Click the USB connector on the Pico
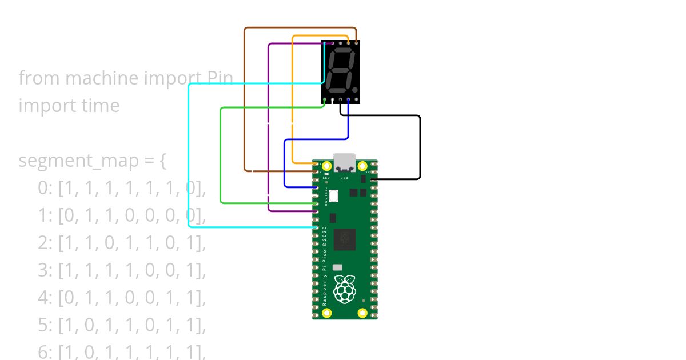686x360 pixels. pos(344,162)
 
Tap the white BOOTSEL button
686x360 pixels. pos(334,195)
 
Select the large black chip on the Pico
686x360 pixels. pos(344,239)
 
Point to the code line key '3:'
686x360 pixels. pos(46,271)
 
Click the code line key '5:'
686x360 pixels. pos(46,326)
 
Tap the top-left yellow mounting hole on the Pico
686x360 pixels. pos(327,166)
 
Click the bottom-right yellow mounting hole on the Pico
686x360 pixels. pos(362,313)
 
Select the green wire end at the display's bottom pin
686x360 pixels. pos(325,101)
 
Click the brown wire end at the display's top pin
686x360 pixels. pos(356,42)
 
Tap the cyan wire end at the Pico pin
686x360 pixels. pos(315,227)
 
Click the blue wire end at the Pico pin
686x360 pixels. pos(315,187)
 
